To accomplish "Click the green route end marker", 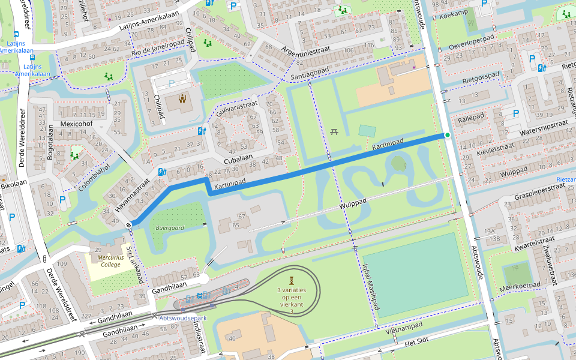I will (447, 135).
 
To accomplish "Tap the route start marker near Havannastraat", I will (130, 225).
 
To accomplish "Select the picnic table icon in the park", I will (334, 131).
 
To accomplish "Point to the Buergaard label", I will (170, 228).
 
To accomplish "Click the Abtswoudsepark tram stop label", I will (182, 318).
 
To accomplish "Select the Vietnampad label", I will (404, 328).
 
